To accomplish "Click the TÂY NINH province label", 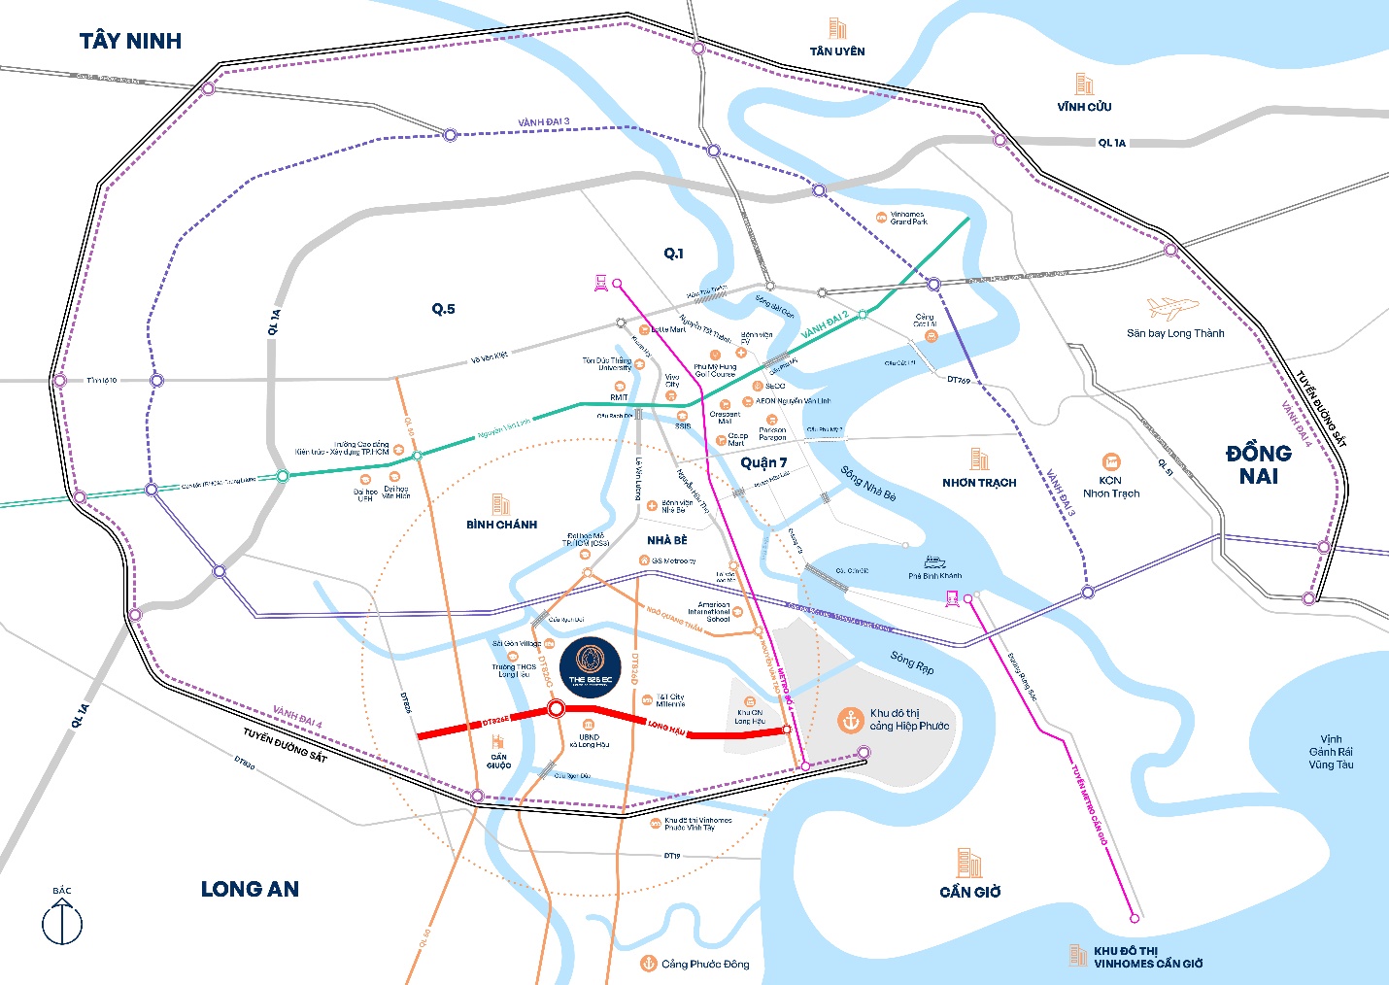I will point(130,41).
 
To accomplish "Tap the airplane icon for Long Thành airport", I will point(1172,309).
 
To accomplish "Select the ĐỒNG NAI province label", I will point(1258,464).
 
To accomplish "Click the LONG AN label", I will point(250,889).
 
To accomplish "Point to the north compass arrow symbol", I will point(62,920).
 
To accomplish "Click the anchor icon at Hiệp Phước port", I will point(850,720).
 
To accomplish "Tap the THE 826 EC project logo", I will point(590,666).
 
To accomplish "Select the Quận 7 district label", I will point(763,462).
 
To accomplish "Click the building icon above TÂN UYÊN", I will point(836,28).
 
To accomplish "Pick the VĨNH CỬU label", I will point(1084,107).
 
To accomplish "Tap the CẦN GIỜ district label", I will point(969,892).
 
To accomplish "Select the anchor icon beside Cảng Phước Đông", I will point(648,963).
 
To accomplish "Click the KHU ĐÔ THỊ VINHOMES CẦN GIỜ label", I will point(1147,957).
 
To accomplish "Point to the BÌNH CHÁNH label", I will point(501,525).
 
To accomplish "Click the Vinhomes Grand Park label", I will point(908,218).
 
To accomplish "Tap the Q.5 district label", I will point(443,309).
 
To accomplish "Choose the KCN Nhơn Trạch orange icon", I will point(1110,461).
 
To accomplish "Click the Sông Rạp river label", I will point(912,662).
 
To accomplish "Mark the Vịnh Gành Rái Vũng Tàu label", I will point(1330,752).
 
